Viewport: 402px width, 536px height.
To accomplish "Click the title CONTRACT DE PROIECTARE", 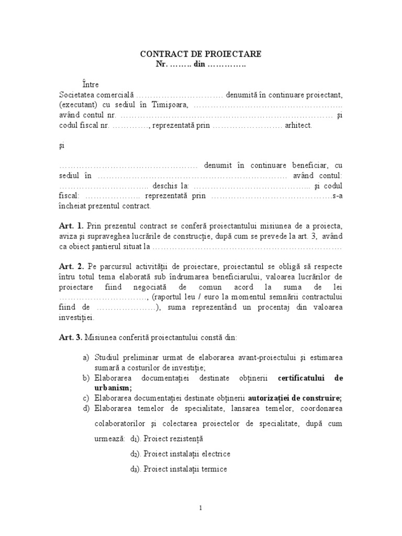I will tap(200, 54).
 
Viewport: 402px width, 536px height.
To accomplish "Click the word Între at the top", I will tap(90, 84).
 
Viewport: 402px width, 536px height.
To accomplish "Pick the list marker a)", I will tap(85, 358).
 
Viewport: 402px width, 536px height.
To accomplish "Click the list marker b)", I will tap(85, 377).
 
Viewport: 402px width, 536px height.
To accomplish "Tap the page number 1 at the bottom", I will tap(201, 508).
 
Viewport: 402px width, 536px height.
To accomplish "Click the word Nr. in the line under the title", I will tap(161, 64).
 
